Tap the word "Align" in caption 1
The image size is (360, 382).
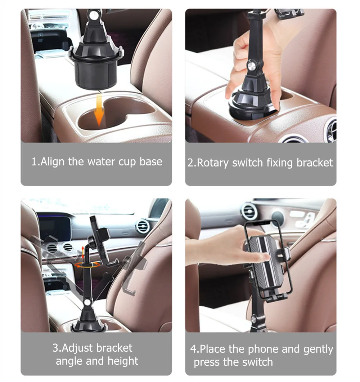[53, 161]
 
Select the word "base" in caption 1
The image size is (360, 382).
[151, 161]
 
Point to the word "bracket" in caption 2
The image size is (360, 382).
[315, 163]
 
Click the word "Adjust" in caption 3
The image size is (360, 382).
[76, 348]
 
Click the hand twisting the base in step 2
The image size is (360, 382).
[252, 68]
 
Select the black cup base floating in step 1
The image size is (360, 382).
[96, 68]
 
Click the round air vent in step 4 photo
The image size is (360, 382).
[249, 212]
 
